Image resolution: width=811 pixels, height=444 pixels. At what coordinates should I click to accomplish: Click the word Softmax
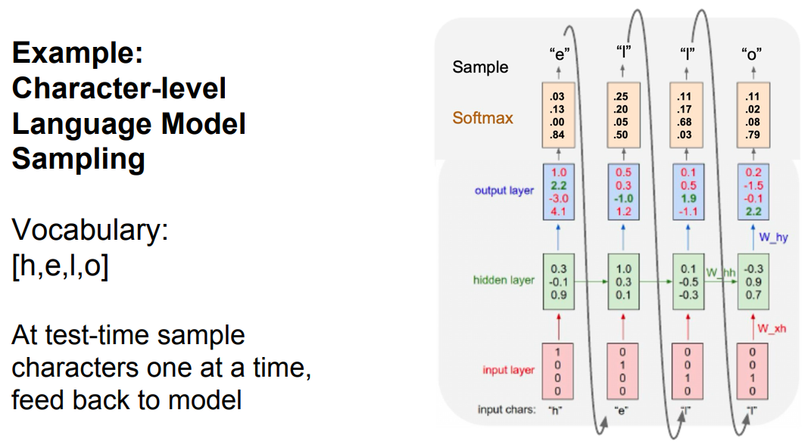[482, 118]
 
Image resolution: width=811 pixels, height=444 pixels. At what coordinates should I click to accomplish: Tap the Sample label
[480, 67]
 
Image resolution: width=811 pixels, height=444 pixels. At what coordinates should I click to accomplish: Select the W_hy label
[773, 238]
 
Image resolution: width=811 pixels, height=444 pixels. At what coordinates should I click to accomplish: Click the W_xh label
[772, 328]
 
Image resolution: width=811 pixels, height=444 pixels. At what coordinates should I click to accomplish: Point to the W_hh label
[720, 272]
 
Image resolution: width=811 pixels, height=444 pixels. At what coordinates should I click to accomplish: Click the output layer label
[504, 190]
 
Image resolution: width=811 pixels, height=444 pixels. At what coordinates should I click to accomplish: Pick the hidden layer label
[504, 280]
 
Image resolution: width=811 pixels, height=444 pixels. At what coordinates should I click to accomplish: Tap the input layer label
[508, 370]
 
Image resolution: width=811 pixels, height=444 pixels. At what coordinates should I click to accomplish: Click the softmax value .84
[557, 135]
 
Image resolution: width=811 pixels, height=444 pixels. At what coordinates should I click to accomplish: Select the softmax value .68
[685, 122]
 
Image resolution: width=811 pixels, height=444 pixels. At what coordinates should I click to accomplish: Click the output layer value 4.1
[558, 211]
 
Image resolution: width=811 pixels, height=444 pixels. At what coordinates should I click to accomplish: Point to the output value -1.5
[753, 185]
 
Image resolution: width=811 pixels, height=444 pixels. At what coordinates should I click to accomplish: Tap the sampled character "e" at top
[559, 53]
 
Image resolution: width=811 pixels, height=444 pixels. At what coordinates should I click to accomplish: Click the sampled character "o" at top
[751, 53]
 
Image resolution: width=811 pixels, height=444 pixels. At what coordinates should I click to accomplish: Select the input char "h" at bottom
[555, 411]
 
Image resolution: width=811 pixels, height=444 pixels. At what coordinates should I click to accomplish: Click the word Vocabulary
[90, 229]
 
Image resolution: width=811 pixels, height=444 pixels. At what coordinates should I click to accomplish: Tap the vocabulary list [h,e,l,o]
[60, 266]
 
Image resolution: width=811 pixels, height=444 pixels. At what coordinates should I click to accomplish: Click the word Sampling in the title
[78, 159]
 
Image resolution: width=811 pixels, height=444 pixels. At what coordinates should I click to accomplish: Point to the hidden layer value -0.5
[688, 282]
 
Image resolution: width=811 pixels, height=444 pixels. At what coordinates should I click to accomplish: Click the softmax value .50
[621, 135]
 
